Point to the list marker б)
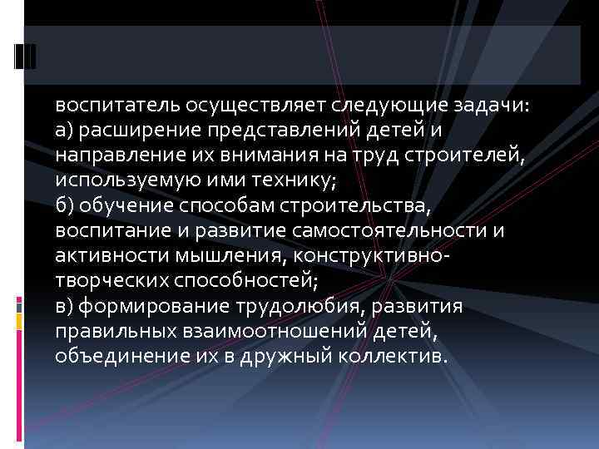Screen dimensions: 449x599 [65, 203]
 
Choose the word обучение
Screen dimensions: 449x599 [123, 203]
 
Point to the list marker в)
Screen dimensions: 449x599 [64, 308]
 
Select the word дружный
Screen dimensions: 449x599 [270, 356]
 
